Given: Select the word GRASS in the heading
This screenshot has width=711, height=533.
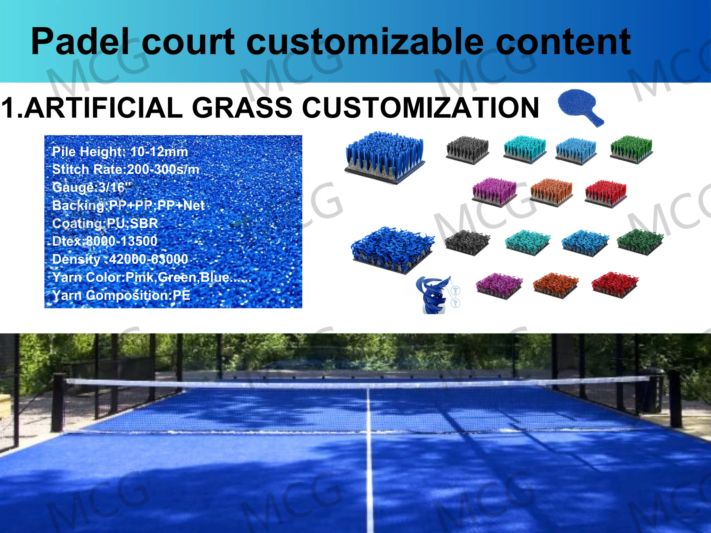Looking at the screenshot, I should (242, 108).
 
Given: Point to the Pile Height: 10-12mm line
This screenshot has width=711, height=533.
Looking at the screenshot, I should (120, 152).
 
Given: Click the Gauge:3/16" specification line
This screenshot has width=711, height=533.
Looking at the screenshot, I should (92, 187).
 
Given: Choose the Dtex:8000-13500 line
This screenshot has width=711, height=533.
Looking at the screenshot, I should (105, 241).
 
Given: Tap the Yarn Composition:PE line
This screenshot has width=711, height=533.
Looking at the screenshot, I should (121, 295).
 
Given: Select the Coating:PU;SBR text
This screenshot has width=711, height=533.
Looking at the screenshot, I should (105, 223).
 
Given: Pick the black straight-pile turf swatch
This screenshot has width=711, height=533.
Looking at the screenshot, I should (467, 149).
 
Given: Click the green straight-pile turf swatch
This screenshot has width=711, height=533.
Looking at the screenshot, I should (631, 149).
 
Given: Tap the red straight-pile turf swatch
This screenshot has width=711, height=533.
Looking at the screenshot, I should (606, 193).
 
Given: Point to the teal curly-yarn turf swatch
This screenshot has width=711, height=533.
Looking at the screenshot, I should (527, 242).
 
